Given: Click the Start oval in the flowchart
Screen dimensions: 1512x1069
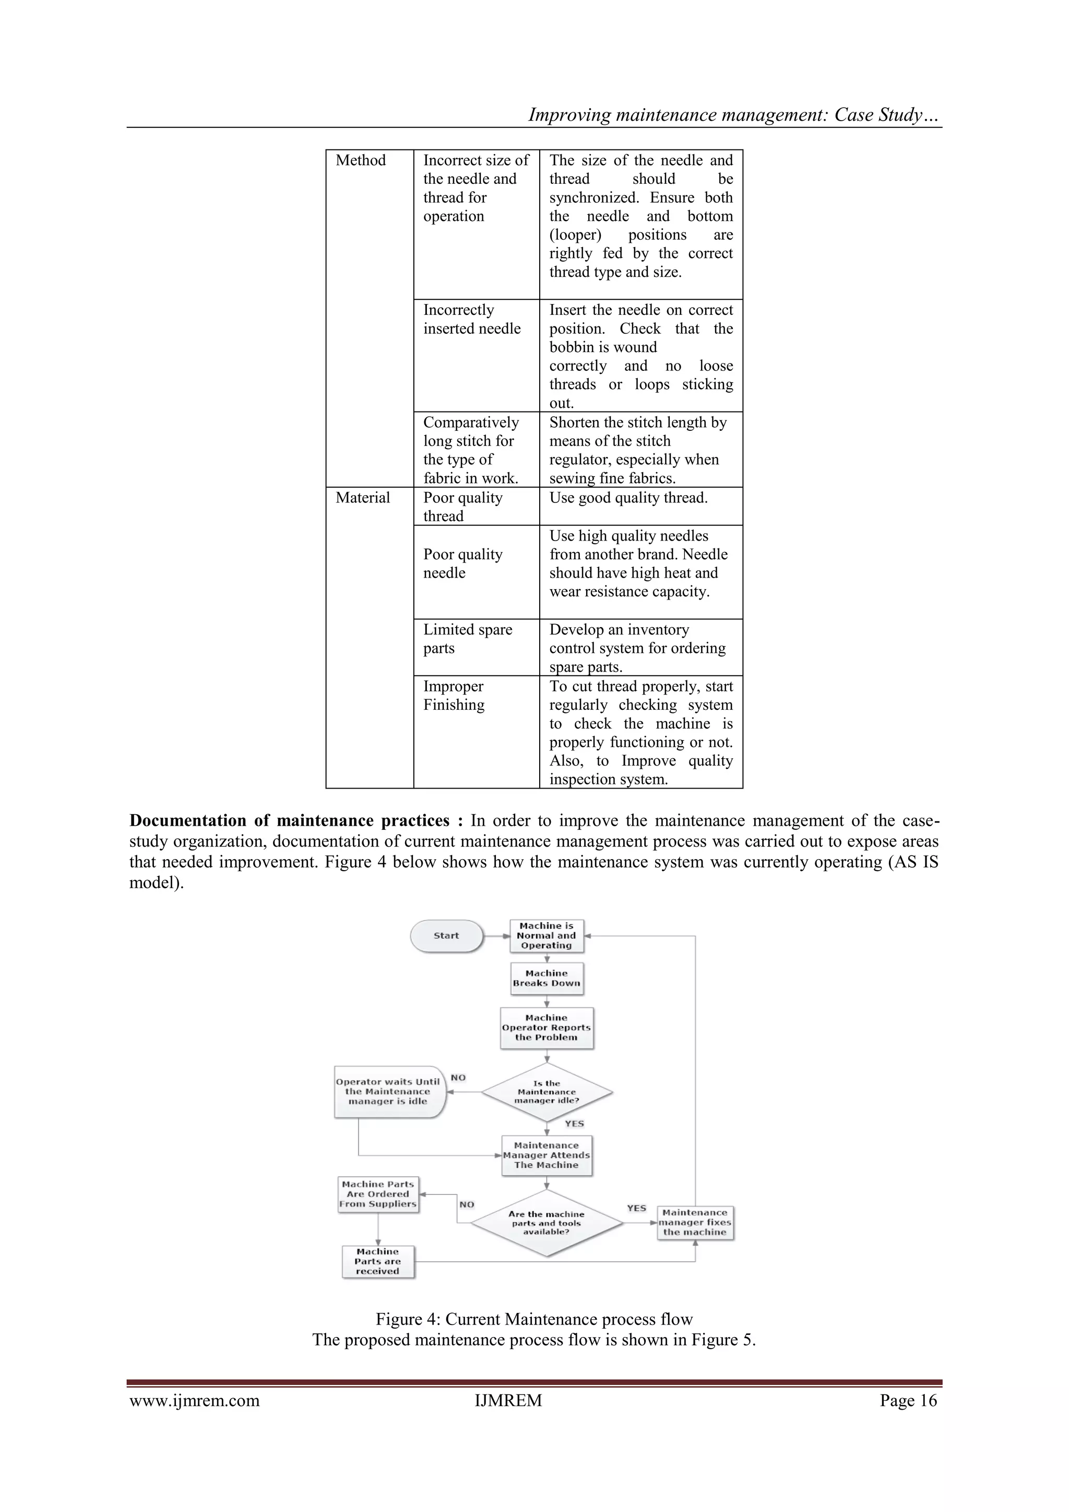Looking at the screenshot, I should [x=446, y=936].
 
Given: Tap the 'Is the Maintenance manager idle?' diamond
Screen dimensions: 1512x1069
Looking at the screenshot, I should [x=547, y=1092].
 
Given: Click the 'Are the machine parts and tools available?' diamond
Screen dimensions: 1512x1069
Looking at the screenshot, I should [x=547, y=1223].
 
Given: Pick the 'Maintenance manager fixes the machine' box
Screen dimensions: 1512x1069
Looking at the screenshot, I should [x=695, y=1222].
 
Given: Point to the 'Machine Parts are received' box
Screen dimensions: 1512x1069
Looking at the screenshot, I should [x=378, y=1261].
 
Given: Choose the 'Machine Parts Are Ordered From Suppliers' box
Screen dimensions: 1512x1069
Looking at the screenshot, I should [x=378, y=1194].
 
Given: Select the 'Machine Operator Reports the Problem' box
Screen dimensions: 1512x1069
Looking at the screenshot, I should [x=547, y=1027].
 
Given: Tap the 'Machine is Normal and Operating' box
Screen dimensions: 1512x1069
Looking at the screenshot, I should [x=547, y=936].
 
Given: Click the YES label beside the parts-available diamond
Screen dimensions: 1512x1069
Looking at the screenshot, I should [x=636, y=1208].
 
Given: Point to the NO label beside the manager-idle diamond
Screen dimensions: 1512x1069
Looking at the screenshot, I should [x=458, y=1077].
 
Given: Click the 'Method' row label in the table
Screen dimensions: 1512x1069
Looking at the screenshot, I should [x=361, y=161].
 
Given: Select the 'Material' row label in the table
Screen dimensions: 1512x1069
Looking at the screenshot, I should [x=363, y=498].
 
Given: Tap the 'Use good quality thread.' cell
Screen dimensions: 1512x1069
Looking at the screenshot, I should [x=628, y=498].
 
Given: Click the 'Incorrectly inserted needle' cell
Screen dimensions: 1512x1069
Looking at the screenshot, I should [x=471, y=320].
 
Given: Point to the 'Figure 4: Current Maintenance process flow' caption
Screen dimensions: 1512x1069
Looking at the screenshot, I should [x=534, y=1319].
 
